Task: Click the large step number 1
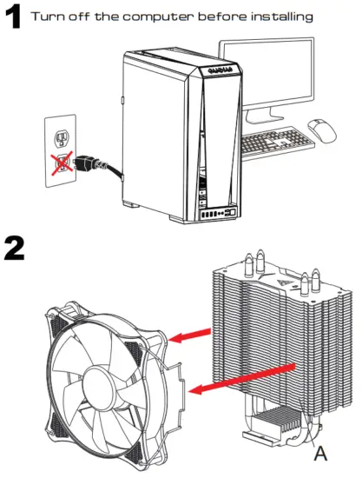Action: pyautogui.click(x=12, y=18)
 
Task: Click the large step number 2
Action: pyautogui.click(x=16, y=249)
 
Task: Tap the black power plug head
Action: pyautogui.click(x=86, y=162)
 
